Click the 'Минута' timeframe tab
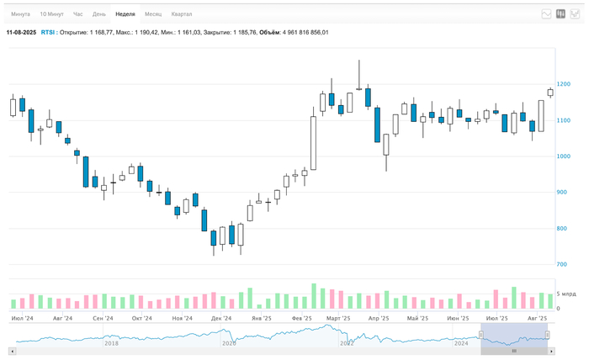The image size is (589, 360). [20, 14]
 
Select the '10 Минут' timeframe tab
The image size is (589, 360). [51, 14]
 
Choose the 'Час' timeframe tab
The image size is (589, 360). [78, 14]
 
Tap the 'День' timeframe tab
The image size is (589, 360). [99, 14]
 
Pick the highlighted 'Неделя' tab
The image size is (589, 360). [125, 14]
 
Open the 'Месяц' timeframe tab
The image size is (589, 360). [153, 14]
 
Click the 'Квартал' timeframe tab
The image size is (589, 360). [181, 14]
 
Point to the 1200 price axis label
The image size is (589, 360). [563, 84]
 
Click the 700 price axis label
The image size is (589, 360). [561, 265]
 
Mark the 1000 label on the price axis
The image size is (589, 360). [563, 156]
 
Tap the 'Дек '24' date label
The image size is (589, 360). [221, 319]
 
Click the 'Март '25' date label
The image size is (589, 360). [338, 319]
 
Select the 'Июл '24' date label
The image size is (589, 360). [23, 319]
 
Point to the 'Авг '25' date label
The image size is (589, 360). [537, 319]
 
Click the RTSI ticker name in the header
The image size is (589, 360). [48, 33]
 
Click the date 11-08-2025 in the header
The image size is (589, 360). [21, 33]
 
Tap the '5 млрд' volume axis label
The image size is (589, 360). [566, 294]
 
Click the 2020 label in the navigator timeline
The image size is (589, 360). [229, 343]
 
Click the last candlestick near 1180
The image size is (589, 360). [550, 93]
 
